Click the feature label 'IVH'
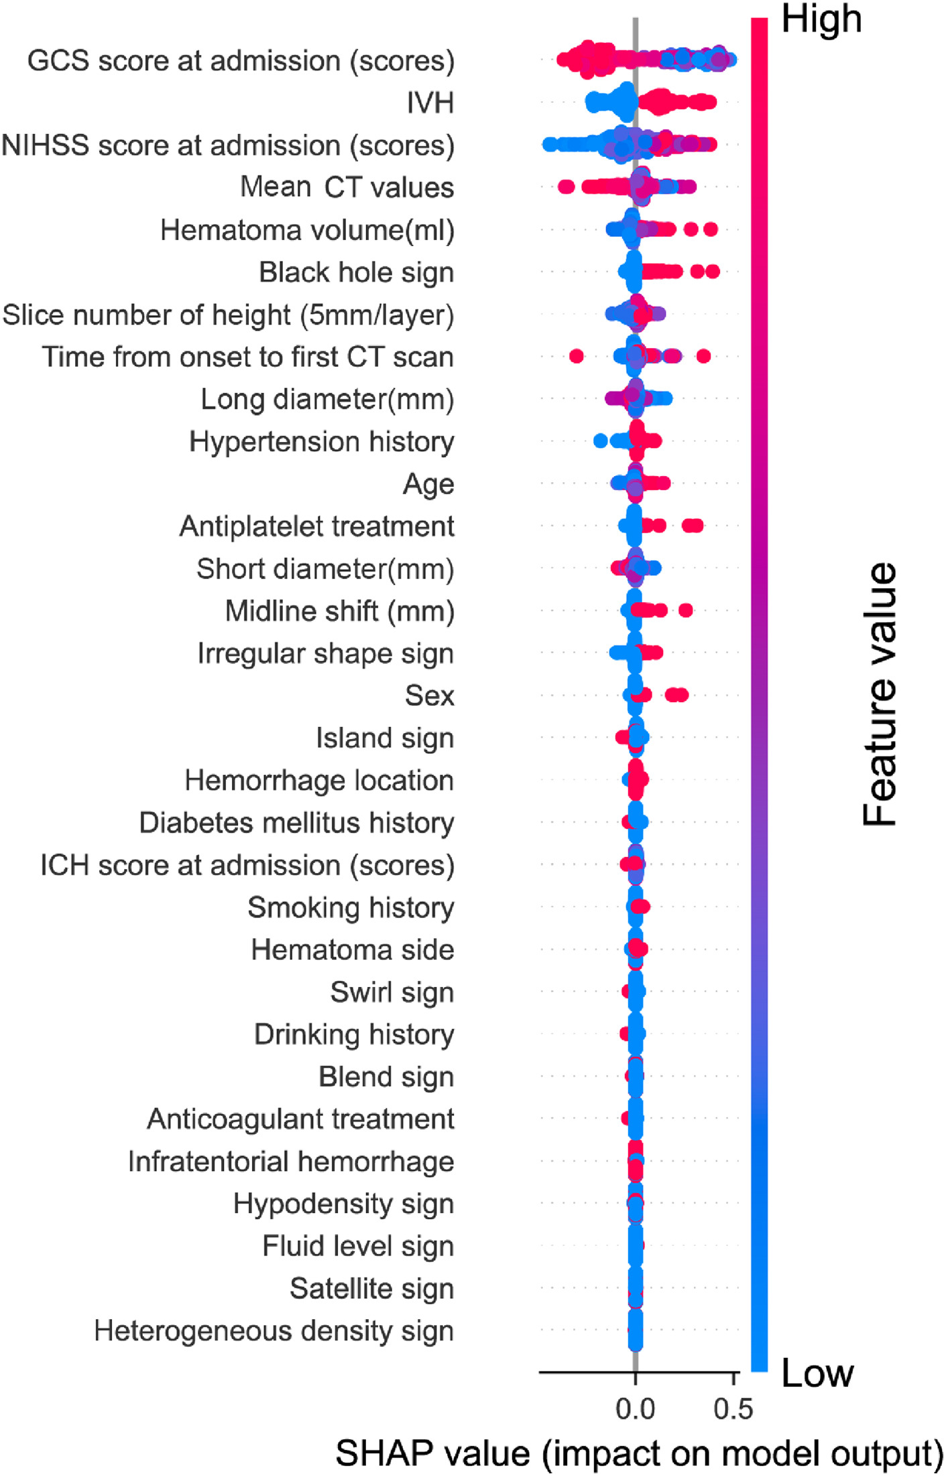click(430, 103)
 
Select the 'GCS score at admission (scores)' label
click(241, 61)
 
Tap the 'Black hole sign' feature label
click(357, 273)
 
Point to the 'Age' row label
click(428, 484)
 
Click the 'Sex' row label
click(430, 696)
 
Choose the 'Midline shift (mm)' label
click(340, 612)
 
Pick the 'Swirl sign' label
click(392, 992)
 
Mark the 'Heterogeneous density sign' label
click(274, 1331)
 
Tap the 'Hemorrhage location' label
click(320, 781)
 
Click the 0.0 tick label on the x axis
click(635, 1409)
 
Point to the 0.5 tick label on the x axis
click(733, 1409)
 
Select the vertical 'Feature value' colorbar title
click(880, 694)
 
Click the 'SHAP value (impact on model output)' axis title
click(639, 1453)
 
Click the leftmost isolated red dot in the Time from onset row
click(576, 356)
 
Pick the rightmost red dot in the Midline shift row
click(685, 610)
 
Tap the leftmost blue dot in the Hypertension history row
click(601, 441)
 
